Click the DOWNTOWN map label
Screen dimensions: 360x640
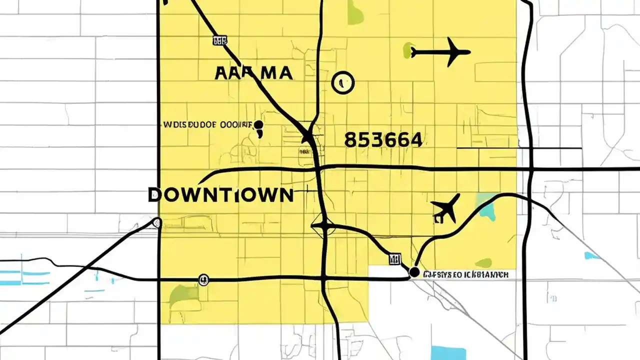(220, 194)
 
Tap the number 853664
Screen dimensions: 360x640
(383, 140)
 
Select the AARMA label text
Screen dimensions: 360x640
(253, 73)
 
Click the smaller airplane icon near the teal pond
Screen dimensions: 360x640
(445, 208)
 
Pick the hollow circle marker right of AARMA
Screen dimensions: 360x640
(342, 81)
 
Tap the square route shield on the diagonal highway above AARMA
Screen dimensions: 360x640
(219, 40)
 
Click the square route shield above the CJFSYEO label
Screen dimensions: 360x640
(394, 258)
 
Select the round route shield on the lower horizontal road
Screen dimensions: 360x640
(203, 279)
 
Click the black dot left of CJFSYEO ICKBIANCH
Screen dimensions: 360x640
(414, 272)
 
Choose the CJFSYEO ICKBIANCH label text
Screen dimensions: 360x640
(465, 274)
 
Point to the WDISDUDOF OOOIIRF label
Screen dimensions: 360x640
(206, 124)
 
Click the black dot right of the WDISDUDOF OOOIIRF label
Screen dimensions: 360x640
(258, 124)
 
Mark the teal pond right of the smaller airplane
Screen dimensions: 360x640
(485, 205)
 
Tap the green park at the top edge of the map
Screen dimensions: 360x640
(355, 12)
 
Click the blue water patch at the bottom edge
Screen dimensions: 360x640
(447, 352)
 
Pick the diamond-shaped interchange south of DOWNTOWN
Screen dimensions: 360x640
(324, 226)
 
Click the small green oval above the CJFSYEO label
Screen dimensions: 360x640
(483, 262)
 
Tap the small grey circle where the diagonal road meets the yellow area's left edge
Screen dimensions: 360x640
(157, 223)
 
